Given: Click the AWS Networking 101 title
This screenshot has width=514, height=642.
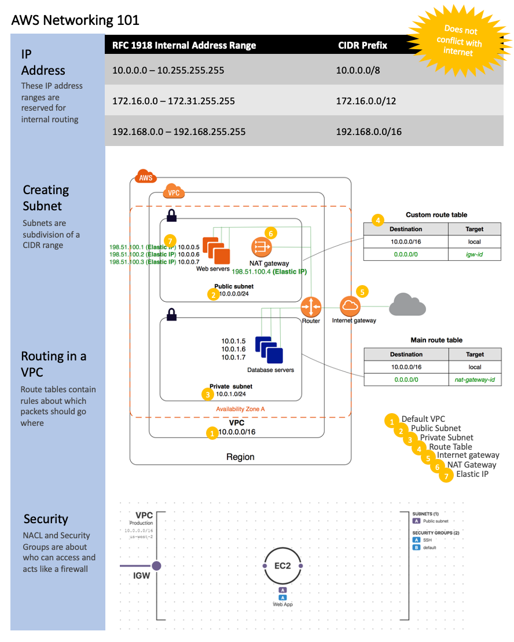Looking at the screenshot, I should tap(75, 20).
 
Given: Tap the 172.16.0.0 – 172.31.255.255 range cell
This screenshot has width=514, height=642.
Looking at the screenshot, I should tap(174, 101).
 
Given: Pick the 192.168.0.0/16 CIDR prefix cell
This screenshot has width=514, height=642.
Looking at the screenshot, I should tap(369, 132).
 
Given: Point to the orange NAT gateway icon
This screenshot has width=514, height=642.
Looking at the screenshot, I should tap(261, 247).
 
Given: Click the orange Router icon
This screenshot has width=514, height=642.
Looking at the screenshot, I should tap(311, 306).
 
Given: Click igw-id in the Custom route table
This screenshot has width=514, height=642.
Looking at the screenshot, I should tap(475, 254).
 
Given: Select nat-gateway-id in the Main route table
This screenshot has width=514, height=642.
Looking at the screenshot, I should tap(475, 380).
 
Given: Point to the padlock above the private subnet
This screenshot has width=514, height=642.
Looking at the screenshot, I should tap(171, 315).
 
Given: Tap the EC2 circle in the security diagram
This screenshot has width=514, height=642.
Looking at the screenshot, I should tap(282, 566).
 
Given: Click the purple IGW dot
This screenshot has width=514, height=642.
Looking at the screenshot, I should tap(156, 566).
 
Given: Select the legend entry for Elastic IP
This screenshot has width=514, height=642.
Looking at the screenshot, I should tap(472, 474).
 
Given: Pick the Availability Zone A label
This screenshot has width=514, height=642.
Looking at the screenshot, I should tap(240, 408).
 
